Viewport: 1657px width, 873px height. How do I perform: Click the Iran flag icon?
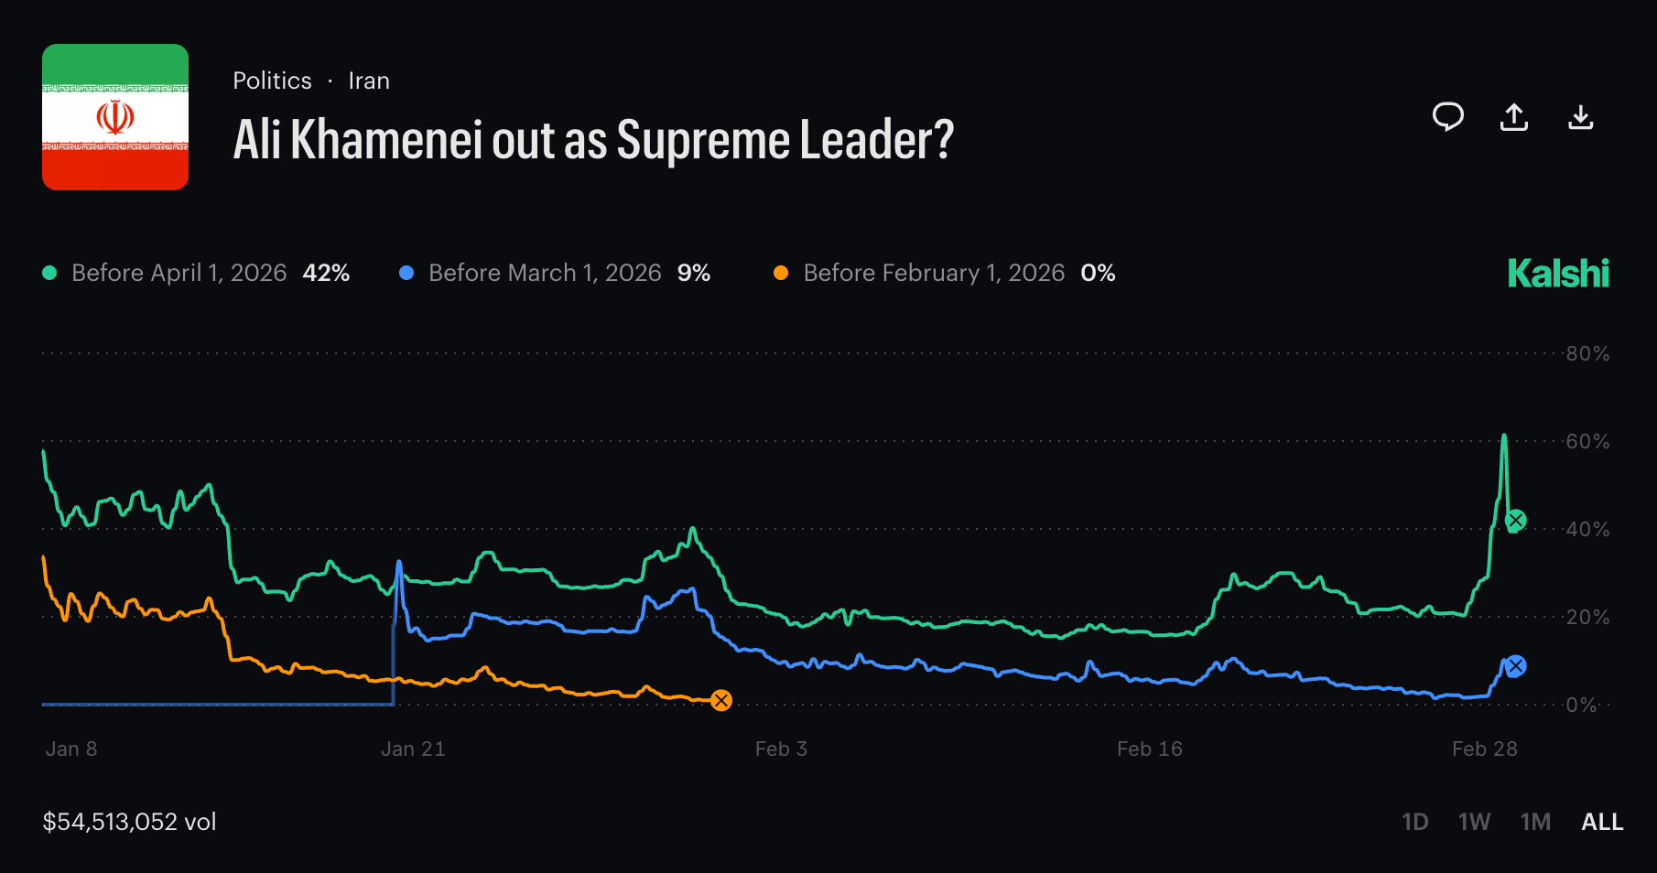(115, 117)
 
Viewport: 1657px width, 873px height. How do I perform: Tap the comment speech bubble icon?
(1447, 117)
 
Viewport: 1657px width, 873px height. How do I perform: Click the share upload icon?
(1514, 117)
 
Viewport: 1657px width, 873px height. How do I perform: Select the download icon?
(1581, 117)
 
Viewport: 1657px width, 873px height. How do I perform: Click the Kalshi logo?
(1558, 274)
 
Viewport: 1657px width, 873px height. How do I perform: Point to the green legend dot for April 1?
(50, 273)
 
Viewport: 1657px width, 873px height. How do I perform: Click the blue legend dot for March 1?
(406, 273)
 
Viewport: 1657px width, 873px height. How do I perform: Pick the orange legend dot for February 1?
(781, 273)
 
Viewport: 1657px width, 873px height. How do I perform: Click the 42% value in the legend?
(326, 273)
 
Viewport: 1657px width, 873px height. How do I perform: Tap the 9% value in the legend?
(694, 273)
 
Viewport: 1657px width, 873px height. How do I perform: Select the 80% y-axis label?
(1587, 353)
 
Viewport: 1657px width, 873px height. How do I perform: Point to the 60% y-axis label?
(1587, 441)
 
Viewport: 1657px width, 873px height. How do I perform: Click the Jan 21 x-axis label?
(413, 749)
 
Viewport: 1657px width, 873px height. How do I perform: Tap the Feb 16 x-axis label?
(1150, 749)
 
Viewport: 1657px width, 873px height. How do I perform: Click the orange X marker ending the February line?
(721, 701)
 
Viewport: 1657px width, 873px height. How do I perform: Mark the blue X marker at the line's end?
(1516, 666)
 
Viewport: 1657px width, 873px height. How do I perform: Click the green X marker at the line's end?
(1516, 521)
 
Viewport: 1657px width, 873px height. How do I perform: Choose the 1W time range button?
(1474, 822)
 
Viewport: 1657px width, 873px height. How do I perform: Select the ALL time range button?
(1602, 822)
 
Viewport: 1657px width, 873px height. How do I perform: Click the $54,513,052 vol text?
(129, 822)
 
